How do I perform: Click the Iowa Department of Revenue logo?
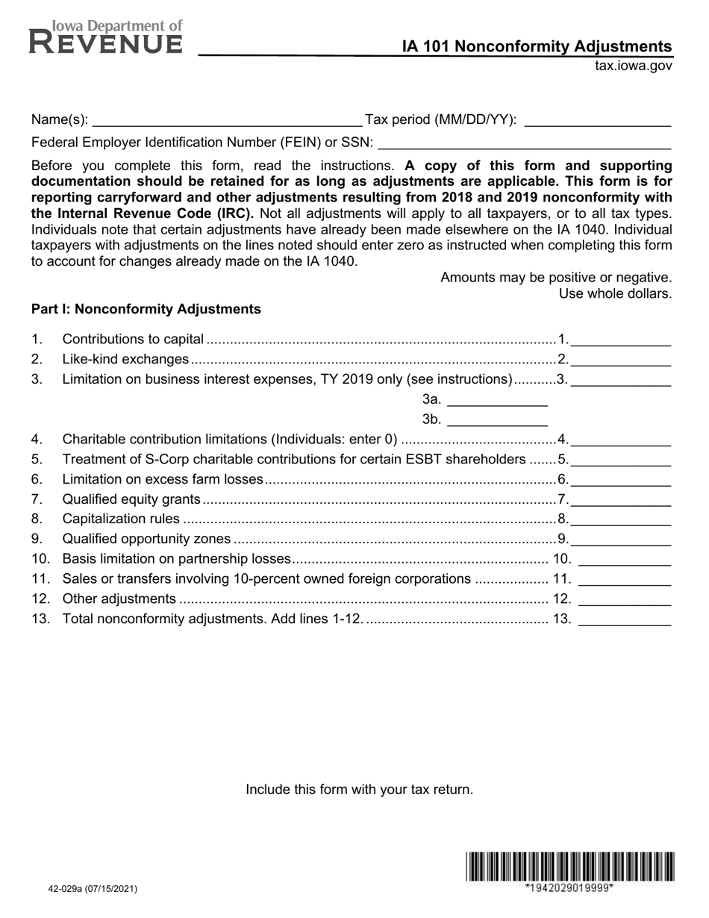105,37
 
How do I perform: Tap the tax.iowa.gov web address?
633,66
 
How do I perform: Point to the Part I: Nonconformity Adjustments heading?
146,309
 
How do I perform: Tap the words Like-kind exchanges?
125,360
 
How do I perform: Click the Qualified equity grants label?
131,499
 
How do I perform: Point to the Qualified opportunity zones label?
147,539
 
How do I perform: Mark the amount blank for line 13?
625,619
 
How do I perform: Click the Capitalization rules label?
121,519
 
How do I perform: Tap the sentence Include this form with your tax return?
359,790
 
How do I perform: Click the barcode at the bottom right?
570,867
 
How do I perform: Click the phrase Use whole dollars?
615,293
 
